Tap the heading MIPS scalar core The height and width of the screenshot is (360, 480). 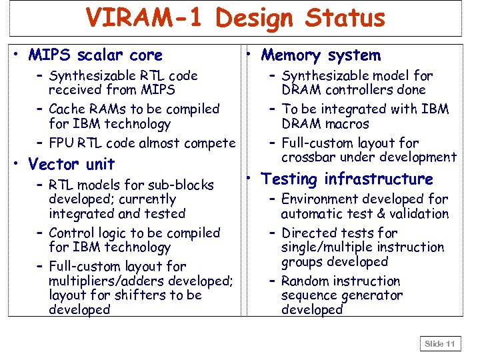[x=95, y=55]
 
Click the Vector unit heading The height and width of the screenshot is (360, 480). [x=71, y=164]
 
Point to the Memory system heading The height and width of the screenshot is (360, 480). [x=321, y=55]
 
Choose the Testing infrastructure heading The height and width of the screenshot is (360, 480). [x=347, y=179]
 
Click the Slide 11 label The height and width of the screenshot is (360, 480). [x=440, y=344]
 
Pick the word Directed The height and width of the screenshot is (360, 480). [x=309, y=233]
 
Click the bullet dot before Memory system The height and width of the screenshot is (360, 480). [x=247, y=53]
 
